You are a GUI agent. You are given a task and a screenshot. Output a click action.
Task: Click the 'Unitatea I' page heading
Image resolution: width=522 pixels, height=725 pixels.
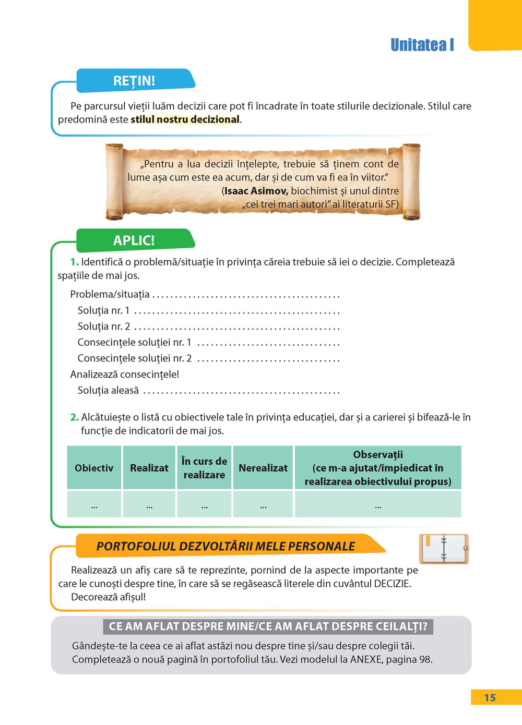tap(422, 45)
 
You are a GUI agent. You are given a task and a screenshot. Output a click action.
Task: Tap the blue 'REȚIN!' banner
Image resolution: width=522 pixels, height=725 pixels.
tap(134, 81)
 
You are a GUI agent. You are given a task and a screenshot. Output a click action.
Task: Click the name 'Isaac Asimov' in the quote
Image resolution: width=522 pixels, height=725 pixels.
tap(256, 191)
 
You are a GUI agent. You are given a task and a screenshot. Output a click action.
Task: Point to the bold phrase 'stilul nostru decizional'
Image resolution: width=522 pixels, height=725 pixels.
tap(185, 119)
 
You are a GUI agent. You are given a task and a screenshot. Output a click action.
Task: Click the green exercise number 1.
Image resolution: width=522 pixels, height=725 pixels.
tap(74, 262)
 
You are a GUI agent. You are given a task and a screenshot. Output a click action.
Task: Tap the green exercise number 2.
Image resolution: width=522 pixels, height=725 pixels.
tap(74, 417)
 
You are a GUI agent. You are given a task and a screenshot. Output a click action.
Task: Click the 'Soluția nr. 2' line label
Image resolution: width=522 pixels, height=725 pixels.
tap(104, 327)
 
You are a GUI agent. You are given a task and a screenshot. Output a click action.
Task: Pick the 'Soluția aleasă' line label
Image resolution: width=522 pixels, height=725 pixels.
tap(108, 390)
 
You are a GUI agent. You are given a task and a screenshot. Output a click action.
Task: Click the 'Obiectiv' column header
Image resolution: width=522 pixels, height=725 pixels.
tap(94, 468)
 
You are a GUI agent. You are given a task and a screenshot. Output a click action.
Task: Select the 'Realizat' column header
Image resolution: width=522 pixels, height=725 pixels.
tap(149, 468)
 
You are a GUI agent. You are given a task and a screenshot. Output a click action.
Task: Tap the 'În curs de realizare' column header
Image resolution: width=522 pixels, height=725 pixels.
tap(204, 468)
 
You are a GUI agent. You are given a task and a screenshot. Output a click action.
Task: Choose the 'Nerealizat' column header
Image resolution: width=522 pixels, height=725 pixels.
tap(263, 468)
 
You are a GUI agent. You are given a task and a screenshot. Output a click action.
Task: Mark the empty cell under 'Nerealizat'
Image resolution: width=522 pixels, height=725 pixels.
tap(263, 504)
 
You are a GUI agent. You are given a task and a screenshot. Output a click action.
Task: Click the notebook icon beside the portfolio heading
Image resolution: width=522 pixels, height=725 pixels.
tap(444, 549)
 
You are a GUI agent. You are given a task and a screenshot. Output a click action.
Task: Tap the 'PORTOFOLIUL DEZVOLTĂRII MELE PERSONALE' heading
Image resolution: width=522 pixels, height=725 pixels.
tap(226, 547)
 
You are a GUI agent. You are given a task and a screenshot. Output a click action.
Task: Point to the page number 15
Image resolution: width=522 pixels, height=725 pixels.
tap(490, 698)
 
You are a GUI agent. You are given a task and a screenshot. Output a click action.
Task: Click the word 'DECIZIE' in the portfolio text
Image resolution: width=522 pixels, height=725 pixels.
tap(393, 584)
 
